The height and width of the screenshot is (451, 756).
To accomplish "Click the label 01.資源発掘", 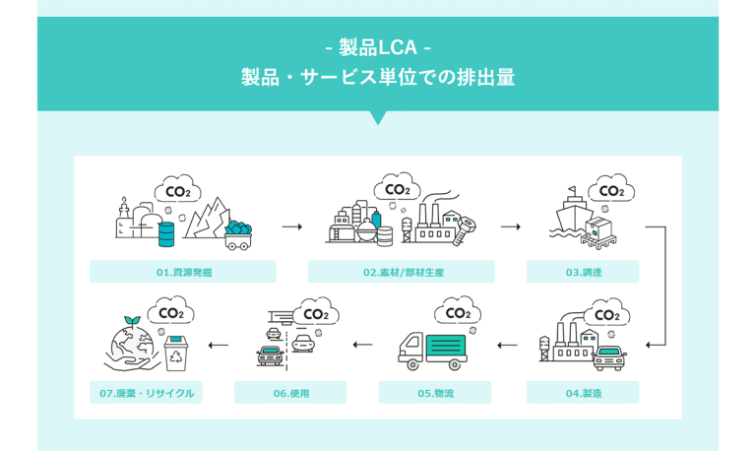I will tap(182, 272).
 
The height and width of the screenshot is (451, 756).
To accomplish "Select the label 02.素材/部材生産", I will tap(402, 272).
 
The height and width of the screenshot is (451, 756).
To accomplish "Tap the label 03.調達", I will tap(583, 272).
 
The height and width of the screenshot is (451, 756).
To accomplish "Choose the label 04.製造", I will tap(583, 393).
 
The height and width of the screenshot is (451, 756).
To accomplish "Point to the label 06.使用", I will tap(290, 393).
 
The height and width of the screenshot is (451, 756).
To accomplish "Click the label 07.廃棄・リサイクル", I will tap(146, 393).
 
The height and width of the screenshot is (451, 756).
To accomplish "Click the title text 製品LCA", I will tap(378, 47).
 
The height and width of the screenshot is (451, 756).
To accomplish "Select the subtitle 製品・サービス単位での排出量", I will tap(378, 78).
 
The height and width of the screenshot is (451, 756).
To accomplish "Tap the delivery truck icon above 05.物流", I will tap(432, 350).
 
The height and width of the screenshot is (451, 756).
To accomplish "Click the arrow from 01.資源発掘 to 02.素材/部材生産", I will tap(291, 226).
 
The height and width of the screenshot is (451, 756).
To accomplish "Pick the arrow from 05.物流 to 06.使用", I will tap(363, 345).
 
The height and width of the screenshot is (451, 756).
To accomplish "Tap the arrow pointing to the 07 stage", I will tap(219, 345).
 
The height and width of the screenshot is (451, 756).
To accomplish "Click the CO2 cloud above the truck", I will tap(457, 312).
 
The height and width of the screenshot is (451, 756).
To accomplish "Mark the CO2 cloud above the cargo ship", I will tap(610, 190).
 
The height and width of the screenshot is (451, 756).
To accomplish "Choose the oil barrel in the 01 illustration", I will tap(165, 233).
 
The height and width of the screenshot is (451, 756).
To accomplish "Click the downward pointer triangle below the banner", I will tap(378, 118).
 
